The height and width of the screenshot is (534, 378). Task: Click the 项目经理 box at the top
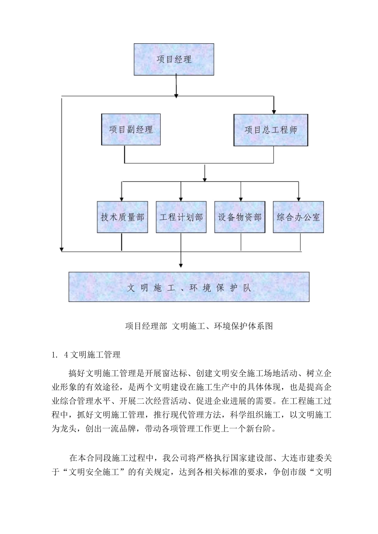click(x=174, y=60)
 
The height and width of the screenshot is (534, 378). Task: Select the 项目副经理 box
click(x=131, y=130)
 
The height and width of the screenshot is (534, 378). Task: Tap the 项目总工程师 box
click(x=271, y=130)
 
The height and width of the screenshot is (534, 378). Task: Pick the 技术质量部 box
click(x=122, y=217)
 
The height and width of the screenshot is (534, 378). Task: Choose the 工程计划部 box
click(x=181, y=217)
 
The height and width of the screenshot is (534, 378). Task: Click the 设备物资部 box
click(x=240, y=217)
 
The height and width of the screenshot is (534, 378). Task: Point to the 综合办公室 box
click(x=298, y=217)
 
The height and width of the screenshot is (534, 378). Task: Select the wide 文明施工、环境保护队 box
click(x=189, y=287)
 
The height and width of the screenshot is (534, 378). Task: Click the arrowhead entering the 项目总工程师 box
click(x=274, y=112)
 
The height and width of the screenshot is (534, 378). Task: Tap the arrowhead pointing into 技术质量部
click(x=122, y=199)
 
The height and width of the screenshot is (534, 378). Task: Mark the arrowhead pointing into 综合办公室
click(x=298, y=199)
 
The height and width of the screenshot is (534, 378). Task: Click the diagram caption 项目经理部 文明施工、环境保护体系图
click(x=199, y=326)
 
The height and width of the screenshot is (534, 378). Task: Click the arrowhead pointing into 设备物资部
click(x=240, y=199)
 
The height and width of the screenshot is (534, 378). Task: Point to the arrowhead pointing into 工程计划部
click(x=181, y=199)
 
